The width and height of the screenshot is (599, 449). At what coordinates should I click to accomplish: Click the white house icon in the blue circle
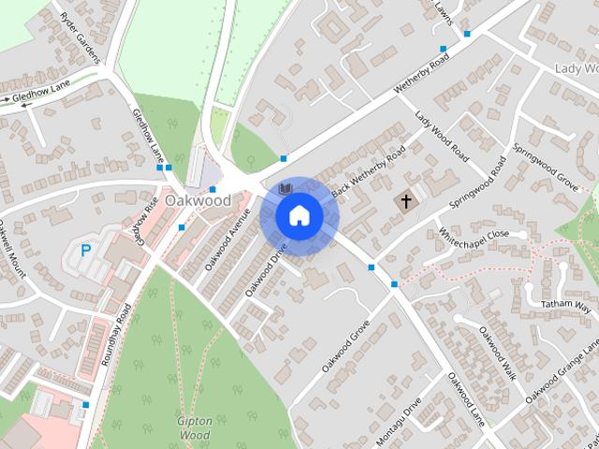tap(299, 215)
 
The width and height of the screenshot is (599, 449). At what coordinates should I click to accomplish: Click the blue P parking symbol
tap(86, 251)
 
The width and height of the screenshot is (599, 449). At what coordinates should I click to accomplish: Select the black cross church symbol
tap(407, 200)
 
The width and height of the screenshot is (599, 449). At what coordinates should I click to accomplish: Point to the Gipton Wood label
tap(195, 427)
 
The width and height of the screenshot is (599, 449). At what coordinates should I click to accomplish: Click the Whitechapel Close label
tap(475, 238)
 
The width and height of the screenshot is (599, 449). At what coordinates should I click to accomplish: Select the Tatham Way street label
tap(570, 306)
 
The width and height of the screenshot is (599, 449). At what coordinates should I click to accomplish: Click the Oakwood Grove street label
tap(346, 348)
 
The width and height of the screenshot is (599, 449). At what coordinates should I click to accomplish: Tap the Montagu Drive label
tap(401, 413)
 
